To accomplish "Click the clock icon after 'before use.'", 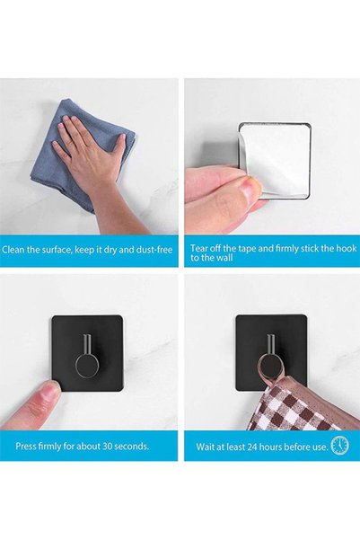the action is coord(339,445).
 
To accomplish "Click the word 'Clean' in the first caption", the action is coord(13,250).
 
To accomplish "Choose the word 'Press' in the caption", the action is coord(25,447).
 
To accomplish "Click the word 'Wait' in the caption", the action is coord(204,447).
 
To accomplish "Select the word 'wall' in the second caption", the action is coord(225,258).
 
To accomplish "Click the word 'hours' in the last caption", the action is coord(270,447).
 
